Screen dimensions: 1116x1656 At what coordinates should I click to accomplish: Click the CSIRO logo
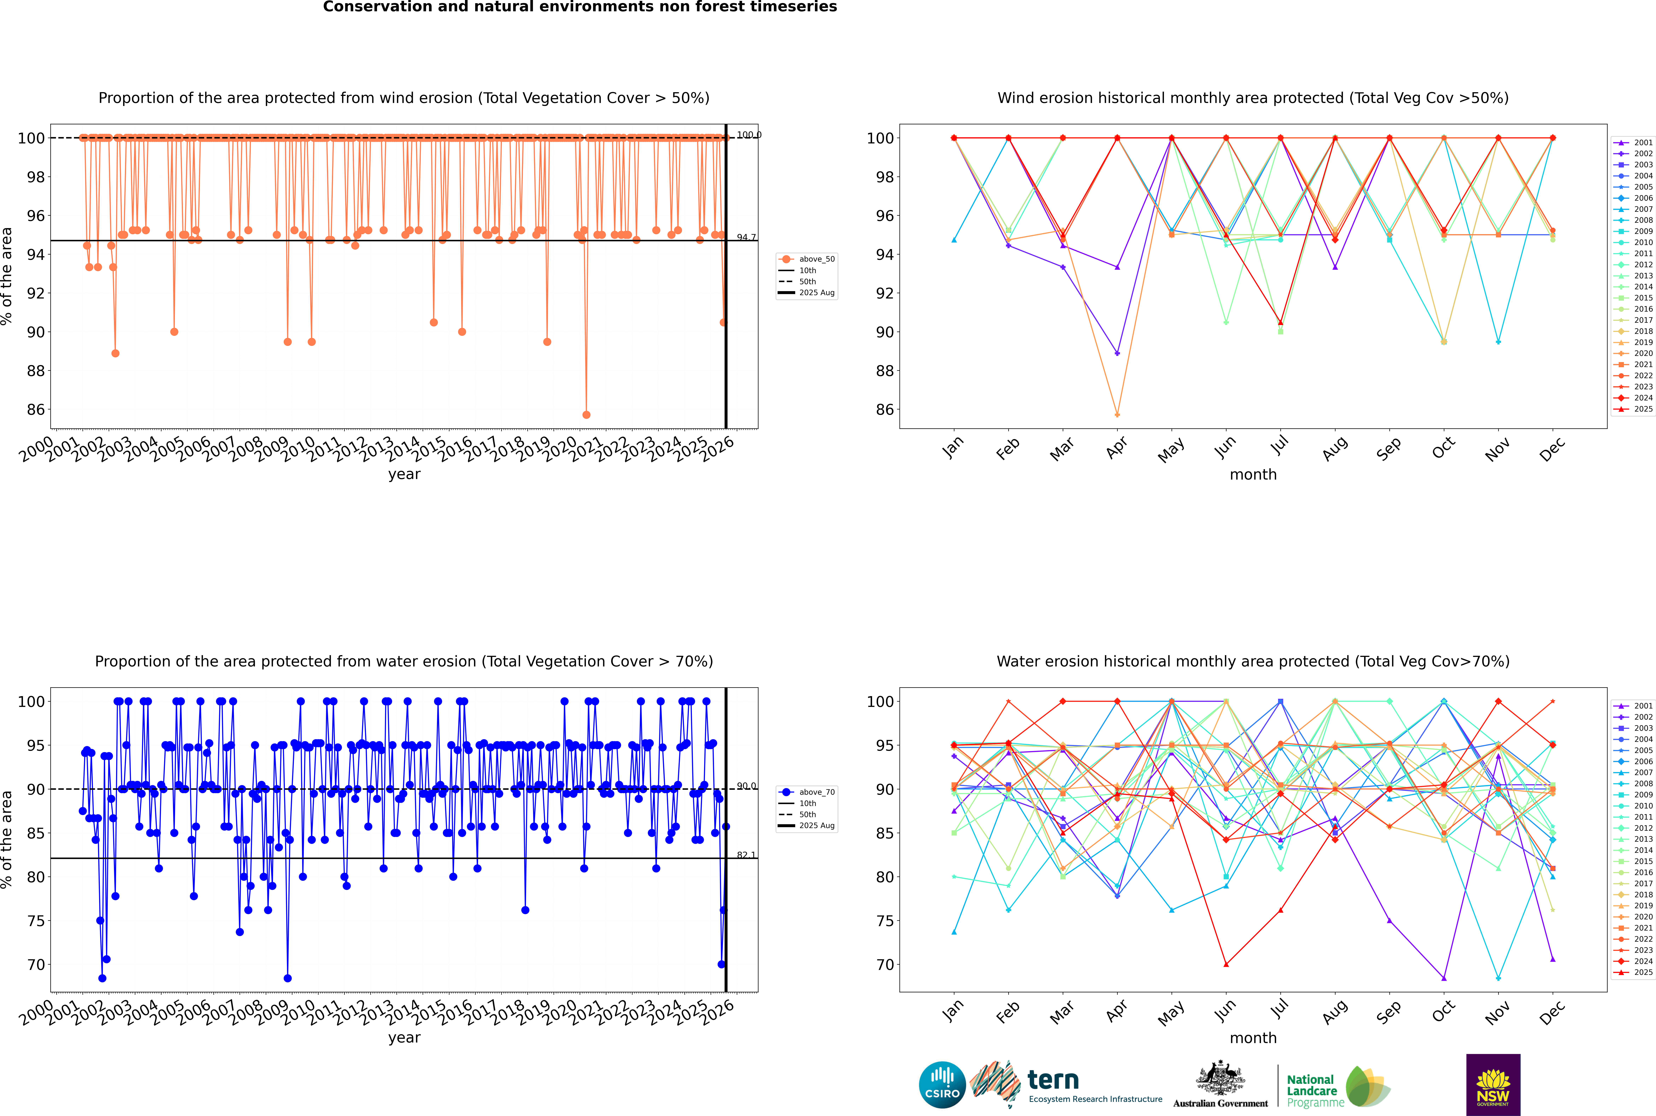click(942, 1085)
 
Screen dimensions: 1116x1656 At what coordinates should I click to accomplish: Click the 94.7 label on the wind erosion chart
click(746, 238)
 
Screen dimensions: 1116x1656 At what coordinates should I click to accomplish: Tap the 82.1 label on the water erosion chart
click(746, 855)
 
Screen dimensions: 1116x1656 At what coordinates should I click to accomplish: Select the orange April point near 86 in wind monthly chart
click(1117, 415)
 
